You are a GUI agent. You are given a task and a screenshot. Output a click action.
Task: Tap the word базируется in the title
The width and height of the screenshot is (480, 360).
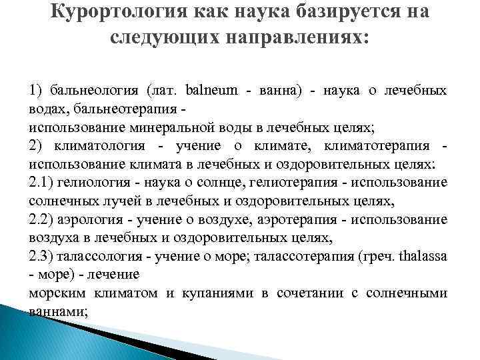[327, 13]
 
